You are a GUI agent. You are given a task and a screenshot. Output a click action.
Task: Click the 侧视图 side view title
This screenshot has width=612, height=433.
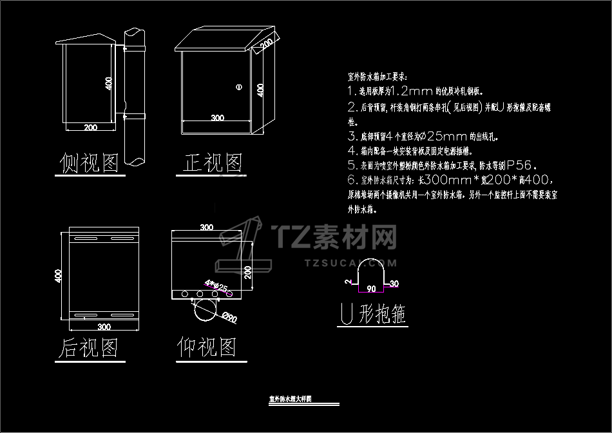[90, 164]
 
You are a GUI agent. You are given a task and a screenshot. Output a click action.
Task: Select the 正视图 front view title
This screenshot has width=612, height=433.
[213, 164]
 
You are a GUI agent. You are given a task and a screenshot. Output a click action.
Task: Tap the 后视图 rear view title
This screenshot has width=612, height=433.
[89, 349]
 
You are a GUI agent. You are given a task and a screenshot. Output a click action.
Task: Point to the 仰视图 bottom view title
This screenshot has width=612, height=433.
[207, 348]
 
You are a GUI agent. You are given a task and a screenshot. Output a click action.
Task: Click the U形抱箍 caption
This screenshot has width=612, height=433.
[373, 314]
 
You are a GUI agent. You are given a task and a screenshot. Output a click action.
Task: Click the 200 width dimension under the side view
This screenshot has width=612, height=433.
[91, 128]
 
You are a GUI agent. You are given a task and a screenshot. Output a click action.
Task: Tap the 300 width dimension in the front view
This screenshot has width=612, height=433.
[217, 118]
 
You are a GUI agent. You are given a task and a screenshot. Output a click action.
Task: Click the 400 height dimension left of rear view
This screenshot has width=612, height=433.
[58, 276]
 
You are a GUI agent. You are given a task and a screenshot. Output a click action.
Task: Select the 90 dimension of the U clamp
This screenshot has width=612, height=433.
[371, 289]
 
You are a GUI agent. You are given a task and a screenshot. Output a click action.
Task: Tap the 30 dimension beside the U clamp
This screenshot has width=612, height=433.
[394, 284]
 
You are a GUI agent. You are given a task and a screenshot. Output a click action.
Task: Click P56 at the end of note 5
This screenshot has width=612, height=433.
[519, 164]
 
